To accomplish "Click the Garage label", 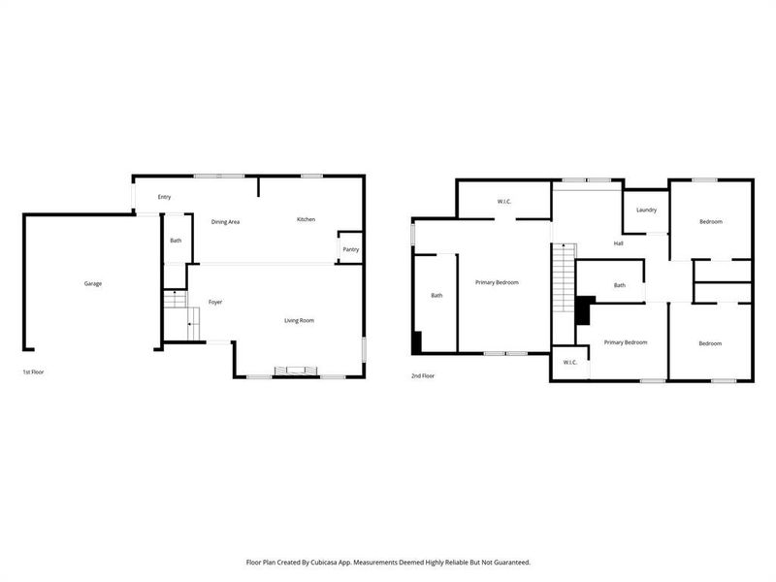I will point(93,283).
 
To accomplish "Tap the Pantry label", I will point(349,249).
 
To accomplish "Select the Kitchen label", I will point(306,219).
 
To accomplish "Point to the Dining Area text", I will point(225,222).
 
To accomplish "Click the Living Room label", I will point(299,320).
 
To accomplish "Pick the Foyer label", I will point(215,302).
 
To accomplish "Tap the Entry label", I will point(164,197).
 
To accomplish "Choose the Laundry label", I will point(647,210).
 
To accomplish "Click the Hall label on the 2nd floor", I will point(618,243).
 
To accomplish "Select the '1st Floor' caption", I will point(34,372).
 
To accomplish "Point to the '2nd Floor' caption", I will point(423,375).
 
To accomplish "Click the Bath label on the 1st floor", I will point(176,240).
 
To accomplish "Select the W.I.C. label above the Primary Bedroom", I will point(504,202).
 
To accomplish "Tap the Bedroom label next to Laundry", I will point(711,222).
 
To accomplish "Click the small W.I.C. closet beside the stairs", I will point(569,363).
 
